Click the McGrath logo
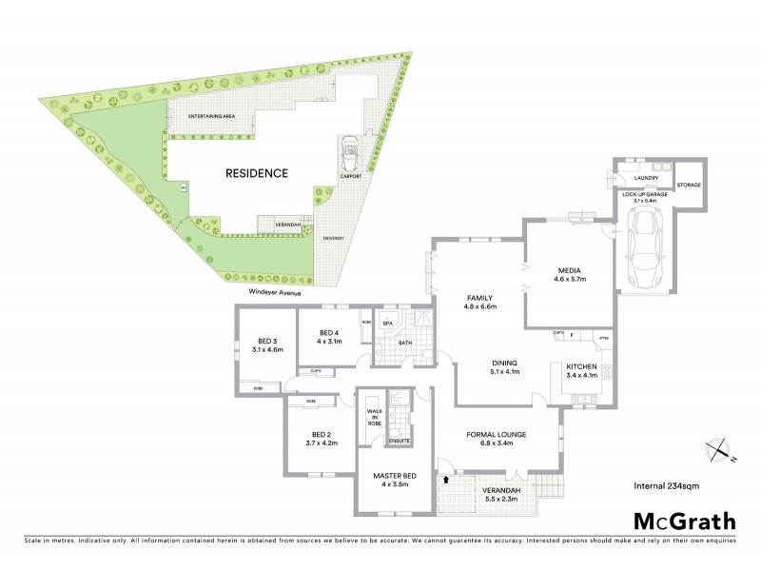[685, 521]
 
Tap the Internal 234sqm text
[664, 486]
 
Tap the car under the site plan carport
[351, 150]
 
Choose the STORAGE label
[689, 187]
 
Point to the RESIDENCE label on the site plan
[256, 174]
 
